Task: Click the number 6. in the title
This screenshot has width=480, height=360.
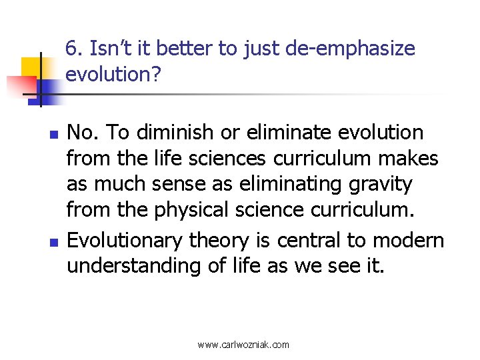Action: (x=75, y=49)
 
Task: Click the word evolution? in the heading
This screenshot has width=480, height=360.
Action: (x=114, y=75)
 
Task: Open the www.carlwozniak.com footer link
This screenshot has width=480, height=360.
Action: (x=243, y=345)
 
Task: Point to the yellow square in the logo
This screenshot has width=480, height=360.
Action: (x=31, y=68)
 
